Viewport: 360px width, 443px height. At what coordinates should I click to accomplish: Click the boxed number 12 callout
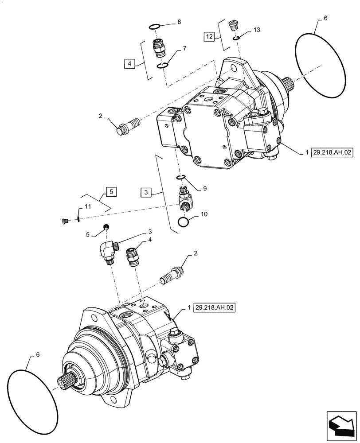210,37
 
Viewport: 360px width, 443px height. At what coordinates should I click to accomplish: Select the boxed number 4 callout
129,64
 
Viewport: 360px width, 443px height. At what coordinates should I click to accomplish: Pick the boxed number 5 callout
111,192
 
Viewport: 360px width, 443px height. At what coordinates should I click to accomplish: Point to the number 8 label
179,21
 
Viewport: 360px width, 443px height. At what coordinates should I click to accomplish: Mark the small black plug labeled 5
106,228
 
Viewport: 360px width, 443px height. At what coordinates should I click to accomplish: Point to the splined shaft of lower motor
67,381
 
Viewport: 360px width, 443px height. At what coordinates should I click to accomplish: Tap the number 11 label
87,206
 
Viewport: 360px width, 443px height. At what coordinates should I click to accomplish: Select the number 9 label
205,188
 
